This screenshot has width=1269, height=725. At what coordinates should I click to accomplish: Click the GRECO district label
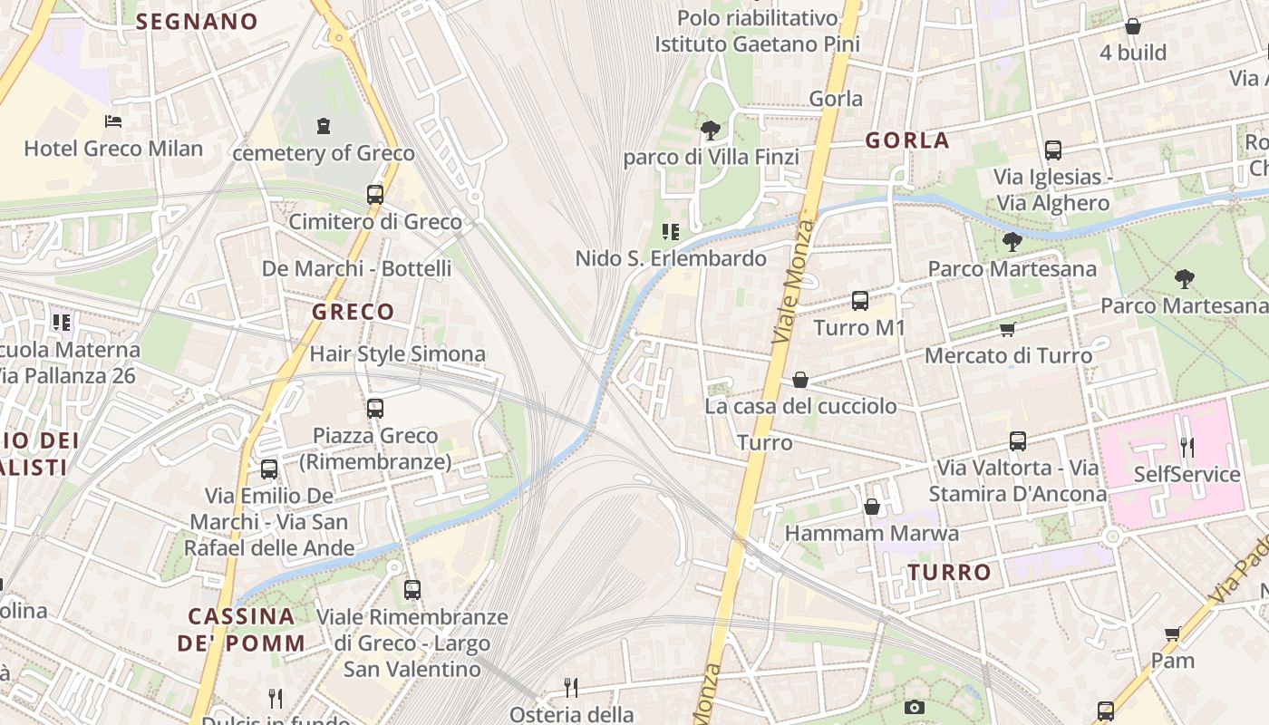(354, 312)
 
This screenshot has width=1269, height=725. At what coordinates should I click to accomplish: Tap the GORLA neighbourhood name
(906, 140)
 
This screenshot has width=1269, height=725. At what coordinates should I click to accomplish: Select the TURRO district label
(949, 573)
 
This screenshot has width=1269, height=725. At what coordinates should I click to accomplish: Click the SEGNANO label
(197, 22)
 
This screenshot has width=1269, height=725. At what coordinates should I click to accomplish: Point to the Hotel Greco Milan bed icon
(113, 121)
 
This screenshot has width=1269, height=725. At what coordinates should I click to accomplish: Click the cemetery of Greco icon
(324, 126)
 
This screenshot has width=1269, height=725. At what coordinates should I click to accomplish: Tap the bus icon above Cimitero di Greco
(375, 194)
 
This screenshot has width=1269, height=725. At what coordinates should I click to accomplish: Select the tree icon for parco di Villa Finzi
(711, 130)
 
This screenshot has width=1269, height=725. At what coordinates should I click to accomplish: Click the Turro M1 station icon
(860, 300)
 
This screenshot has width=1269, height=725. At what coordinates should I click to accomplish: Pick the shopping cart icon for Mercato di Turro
(1007, 329)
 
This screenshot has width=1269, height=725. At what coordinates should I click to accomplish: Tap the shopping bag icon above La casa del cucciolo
(799, 379)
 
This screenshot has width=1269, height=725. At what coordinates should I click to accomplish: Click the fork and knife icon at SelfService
(1187, 446)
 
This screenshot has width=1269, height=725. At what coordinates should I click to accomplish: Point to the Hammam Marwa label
(871, 534)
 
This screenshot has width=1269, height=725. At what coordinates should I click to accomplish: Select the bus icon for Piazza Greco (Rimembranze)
(375, 409)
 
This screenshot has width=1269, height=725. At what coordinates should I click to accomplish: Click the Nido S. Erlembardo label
(671, 259)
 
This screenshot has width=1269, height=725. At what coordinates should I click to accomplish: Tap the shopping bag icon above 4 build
(1132, 26)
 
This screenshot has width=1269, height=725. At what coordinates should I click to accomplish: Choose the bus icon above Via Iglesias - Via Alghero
(1052, 150)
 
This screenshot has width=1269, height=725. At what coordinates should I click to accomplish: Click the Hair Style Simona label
(398, 354)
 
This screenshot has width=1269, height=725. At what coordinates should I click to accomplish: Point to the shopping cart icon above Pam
(1172, 633)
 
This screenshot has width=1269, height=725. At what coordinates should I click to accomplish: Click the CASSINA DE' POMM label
(241, 630)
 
